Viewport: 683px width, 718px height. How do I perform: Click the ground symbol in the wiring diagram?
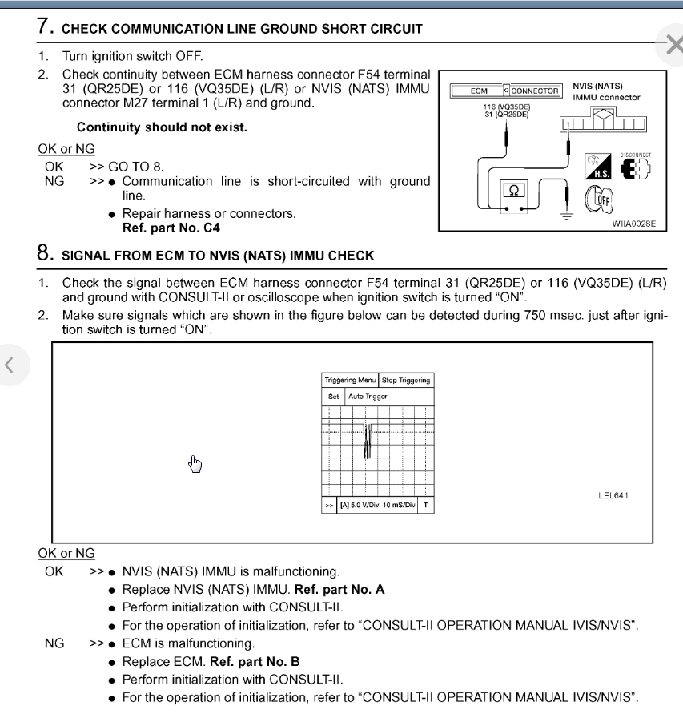pyautogui.click(x=568, y=215)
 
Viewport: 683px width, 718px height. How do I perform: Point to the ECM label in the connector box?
pyautogui.click(x=479, y=91)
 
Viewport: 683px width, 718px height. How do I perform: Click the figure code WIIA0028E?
pyautogui.click(x=633, y=224)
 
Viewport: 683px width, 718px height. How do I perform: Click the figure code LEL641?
pyautogui.click(x=613, y=495)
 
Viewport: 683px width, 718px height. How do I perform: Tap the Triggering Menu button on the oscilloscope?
pyautogui.click(x=349, y=381)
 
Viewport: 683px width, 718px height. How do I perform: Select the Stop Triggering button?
pyautogui.click(x=406, y=381)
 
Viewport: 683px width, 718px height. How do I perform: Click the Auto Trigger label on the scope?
pyautogui.click(x=368, y=397)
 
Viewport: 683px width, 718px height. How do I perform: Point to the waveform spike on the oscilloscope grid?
pyautogui.click(x=367, y=440)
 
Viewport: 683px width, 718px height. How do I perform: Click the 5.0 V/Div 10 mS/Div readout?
pyautogui.click(x=377, y=506)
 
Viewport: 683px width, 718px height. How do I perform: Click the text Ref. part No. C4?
pyautogui.click(x=171, y=228)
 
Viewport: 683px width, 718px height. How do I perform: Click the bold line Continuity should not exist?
pyautogui.click(x=162, y=127)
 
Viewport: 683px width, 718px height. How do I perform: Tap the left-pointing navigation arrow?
pyautogui.click(x=10, y=365)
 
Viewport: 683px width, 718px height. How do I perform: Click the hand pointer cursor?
pyautogui.click(x=195, y=463)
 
